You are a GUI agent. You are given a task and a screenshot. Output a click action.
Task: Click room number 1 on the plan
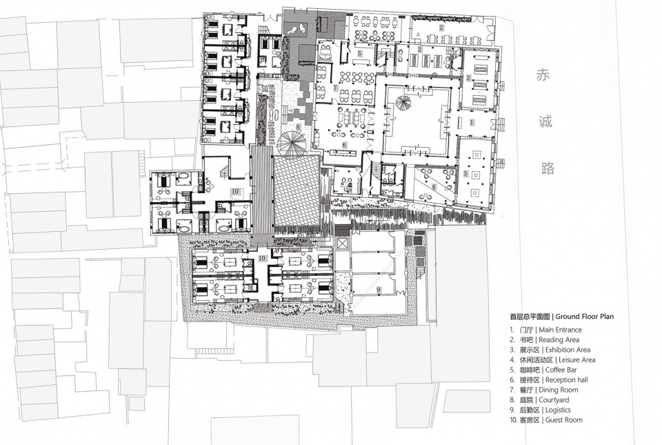click(472, 122)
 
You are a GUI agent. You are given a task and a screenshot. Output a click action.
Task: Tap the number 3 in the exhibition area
click(465, 174)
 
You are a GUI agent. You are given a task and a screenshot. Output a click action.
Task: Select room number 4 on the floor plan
click(434, 186)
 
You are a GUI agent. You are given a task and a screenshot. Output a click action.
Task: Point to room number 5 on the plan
click(359, 54)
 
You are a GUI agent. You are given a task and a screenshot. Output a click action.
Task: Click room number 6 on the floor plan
click(345, 145)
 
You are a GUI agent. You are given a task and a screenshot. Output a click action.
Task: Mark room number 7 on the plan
click(335, 88)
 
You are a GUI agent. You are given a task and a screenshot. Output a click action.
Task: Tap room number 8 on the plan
click(298, 126)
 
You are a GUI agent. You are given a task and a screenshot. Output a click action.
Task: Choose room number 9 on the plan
click(379, 290)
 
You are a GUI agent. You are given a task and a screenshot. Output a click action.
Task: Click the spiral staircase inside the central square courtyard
click(402, 104)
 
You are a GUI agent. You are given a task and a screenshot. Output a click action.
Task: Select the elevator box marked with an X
click(342, 244)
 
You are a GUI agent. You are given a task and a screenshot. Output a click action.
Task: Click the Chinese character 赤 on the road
click(543, 76)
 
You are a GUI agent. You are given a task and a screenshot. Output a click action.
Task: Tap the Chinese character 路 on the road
click(547, 168)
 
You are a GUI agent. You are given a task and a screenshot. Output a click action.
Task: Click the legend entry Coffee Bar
click(561, 370)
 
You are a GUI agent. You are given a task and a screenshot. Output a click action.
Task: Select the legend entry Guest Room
click(564, 419)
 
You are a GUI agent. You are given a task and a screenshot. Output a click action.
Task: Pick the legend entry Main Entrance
click(560, 330)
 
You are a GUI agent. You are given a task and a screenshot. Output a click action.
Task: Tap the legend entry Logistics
click(558, 410)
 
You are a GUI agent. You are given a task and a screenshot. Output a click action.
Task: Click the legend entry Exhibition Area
click(568, 350)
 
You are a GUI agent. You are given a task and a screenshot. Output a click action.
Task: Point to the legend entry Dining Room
click(559, 390)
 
